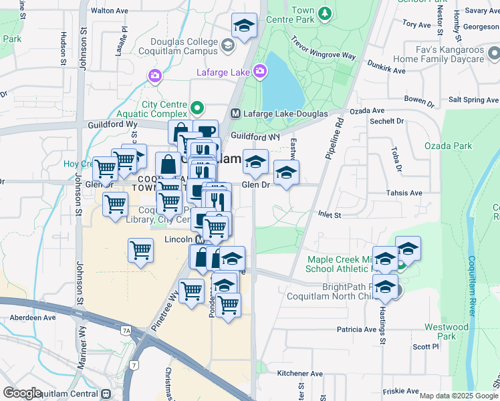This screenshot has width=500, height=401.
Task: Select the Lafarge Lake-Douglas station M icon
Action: pyautogui.click(x=235, y=114)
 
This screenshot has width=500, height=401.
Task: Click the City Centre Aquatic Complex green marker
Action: pyautogui.click(x=197, y=107)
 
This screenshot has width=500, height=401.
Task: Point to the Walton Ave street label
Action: pyautogui.click(x=109, y=11)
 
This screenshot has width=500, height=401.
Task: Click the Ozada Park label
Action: pyautogui.click(x=448, y=146)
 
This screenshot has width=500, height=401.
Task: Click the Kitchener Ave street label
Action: pyautogui.click(x=299, y=374)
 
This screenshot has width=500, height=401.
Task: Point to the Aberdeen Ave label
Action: pyautogui.click(x=27, y=317)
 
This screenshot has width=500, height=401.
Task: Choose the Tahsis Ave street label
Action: pyautogui.click(x=404, y=192)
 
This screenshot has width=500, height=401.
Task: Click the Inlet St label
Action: pyautogui.click(x=328, y=215)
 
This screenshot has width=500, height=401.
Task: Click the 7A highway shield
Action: pyautogui.click(x=126, y=329)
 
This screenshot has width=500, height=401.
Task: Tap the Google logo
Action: pyautogui.click(x=22, y=393)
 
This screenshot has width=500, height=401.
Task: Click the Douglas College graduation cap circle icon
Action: pyautogui.click(x=228, y=45)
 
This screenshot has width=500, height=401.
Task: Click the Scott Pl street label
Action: pyautogui.click(x=425, y=346)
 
